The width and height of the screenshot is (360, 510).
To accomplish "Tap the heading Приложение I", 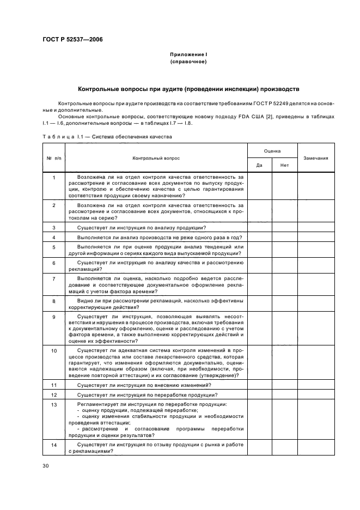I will [188, 54].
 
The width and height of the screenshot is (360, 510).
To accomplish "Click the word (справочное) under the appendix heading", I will [188, 62].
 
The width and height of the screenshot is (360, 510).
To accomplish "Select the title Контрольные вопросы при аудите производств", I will [188, 88].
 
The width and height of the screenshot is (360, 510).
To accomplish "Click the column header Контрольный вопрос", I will [156, 158].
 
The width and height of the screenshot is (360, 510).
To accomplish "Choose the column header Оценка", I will [272, 150].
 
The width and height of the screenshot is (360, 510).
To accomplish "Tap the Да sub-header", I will [259, 165].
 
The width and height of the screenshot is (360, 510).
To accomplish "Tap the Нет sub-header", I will [284, 165].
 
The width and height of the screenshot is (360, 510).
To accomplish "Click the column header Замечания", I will [315, 158].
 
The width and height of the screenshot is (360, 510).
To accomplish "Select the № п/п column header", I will [53, 158].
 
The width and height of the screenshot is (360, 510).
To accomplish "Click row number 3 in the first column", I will [53, 227].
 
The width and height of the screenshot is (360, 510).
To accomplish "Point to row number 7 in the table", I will [53, 278].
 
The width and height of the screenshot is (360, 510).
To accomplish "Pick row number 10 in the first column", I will [53, 351].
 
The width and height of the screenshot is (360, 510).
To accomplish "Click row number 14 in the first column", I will [53, 445].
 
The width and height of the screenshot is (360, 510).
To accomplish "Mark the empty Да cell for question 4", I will [259, 238].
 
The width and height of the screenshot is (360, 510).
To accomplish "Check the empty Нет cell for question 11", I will [284, 385].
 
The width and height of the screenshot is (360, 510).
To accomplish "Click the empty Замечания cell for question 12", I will [315, 394].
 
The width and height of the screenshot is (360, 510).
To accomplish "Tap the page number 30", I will [46, 466].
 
